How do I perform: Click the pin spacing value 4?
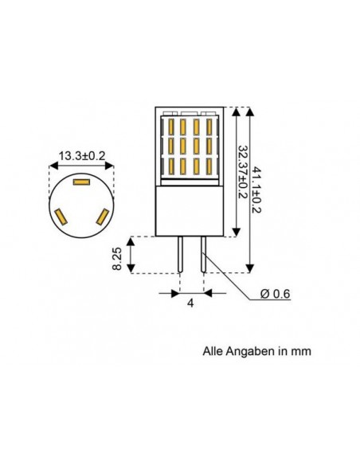(x=190, y=303)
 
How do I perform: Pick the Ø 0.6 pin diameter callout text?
(x=276, y=295)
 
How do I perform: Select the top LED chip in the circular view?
(x=80, y=182)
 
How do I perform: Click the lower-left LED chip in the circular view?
(x=61, y=215)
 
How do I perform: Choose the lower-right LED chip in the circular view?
(x=100, y=215)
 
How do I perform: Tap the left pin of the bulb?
(x=182, y=254)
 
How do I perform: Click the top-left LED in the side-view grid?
(x=171, y=127)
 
